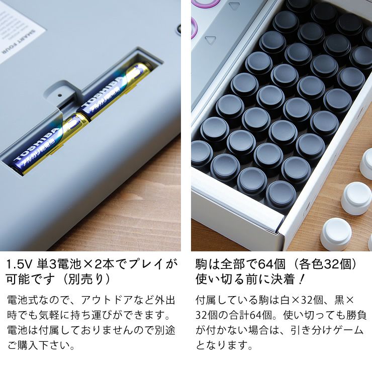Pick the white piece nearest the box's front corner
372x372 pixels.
336,234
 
